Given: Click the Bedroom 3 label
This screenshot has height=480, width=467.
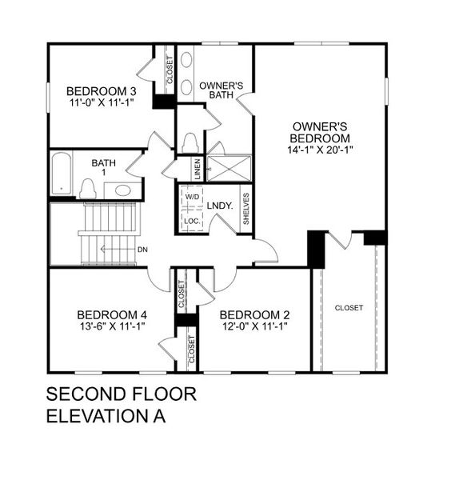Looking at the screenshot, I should coord(102,90).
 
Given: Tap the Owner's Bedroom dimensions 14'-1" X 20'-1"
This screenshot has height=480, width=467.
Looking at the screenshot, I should coord(319,150).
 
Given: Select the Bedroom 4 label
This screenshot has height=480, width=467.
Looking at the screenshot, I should coord(112,314).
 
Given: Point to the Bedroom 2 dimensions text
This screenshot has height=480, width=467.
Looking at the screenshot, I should coord(253,326).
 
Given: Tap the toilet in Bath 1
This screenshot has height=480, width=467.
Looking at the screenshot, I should coord(88,189).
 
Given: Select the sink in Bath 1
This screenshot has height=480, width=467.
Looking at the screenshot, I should coord(122,190).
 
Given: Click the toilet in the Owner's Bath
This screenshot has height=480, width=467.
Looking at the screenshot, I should coord(190,142).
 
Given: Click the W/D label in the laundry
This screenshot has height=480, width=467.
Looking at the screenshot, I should coord(193,196).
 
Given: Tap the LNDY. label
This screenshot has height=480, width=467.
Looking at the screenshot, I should coord(220,206).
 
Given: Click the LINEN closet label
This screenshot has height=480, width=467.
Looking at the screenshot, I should coord(197,168).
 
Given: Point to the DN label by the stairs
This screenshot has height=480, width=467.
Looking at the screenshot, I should coord(142,250).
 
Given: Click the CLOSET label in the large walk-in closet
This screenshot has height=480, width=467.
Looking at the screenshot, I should coord(349,308).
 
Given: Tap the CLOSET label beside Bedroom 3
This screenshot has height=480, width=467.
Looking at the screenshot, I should coord(170,71).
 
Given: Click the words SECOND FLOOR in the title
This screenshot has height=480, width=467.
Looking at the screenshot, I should coord(121,394).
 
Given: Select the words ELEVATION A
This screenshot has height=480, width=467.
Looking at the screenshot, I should coord(106,416).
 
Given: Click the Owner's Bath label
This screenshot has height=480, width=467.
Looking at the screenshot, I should coord(215,89).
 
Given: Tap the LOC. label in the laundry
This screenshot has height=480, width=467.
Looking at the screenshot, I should coord(192,220).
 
